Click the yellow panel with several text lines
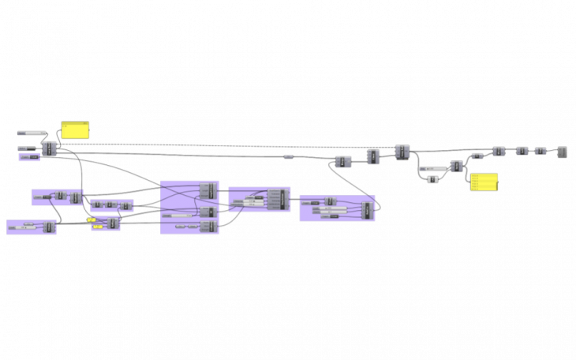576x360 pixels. point(484,182)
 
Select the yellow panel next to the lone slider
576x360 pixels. point(75,130)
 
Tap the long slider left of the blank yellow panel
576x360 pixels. point(32,133)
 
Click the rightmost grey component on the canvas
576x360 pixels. point(562,152)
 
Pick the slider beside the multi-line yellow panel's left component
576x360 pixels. point(432,169)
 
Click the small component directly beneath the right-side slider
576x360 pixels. point(432,179)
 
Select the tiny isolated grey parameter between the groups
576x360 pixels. point(288,157)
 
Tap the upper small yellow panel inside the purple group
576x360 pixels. point(92,219)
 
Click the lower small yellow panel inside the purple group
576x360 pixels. point(97,227)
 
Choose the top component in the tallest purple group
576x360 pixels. point(207,190)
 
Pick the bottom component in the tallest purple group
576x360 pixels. point(208,227)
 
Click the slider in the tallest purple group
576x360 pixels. point(177,215)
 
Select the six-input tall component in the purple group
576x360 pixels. point(275,199)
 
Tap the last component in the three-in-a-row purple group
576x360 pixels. point(125,206)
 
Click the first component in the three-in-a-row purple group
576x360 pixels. point(96,204)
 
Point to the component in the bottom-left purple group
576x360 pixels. point(49,227)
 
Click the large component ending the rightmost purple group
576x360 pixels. point(366,210)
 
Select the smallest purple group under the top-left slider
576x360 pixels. point(29,157)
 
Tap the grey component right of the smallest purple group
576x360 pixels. point(50,148)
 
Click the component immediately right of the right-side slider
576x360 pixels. point(456,167)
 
